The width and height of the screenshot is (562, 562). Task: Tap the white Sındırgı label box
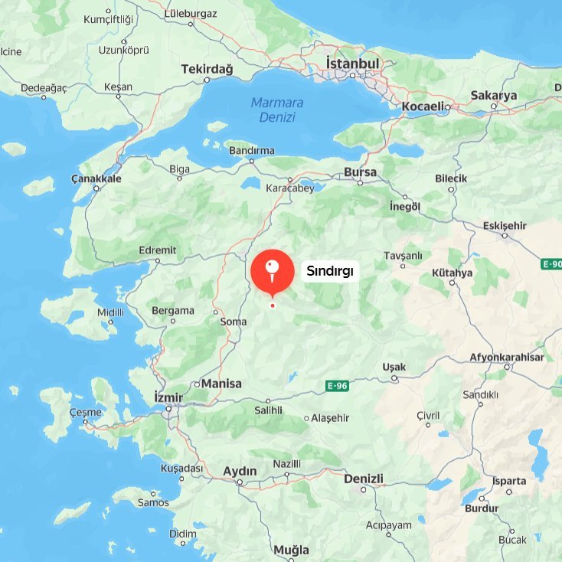click(x=329, y=270)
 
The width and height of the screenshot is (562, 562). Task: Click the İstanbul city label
click(x=352, y=64)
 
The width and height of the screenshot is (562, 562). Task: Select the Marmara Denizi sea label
click(x=277, y=109)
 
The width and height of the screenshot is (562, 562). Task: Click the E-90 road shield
click(x=551, y=264)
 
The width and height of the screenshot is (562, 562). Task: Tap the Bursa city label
click(x=360, y=172)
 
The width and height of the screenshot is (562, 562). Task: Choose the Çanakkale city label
click(x=96, y=178)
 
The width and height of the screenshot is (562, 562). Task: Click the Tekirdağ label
click(x=206, y=69)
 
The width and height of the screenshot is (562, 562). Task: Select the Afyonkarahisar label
click(x=507, y=358)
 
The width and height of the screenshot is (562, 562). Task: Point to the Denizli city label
click(x=364, y=479)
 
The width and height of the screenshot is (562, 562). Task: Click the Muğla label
click(x=291, y=550)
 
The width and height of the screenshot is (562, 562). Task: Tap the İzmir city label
click(x=168, y=397)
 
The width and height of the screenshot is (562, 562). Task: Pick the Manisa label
click(x=222, y=384)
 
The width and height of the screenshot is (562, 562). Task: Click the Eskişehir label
click(x=505, y=225)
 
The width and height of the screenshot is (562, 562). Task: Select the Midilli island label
click(x=111, y=312)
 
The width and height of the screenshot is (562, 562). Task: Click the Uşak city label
click(x=394, y=368)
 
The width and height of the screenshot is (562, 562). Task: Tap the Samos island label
click(x=153, y=502)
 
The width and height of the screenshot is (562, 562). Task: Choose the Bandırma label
click(x=252, y=151)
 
